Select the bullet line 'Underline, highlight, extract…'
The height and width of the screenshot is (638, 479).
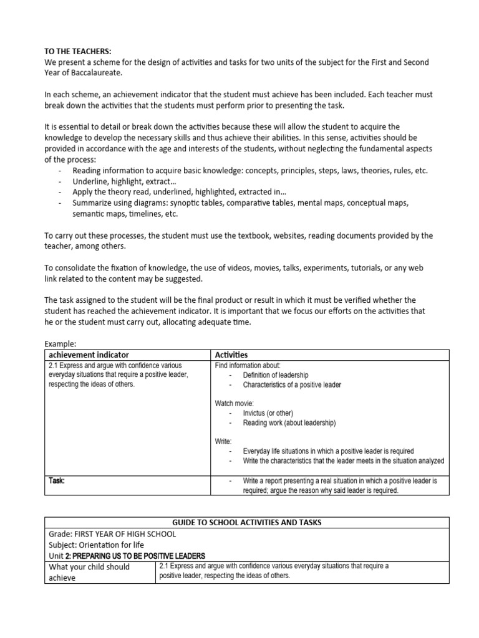click(124, 181)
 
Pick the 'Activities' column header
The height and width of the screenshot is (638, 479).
click(231, 355)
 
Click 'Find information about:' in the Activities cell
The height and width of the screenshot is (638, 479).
click(248, 365)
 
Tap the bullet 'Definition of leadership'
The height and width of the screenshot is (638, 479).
click(276, 375)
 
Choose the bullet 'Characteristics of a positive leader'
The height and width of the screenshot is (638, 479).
click(292, 385)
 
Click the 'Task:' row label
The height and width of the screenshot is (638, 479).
click(57, 481)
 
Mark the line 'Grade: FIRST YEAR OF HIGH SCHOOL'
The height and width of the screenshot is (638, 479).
click(112, 534)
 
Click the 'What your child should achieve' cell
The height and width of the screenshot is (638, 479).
click(89, 572)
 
